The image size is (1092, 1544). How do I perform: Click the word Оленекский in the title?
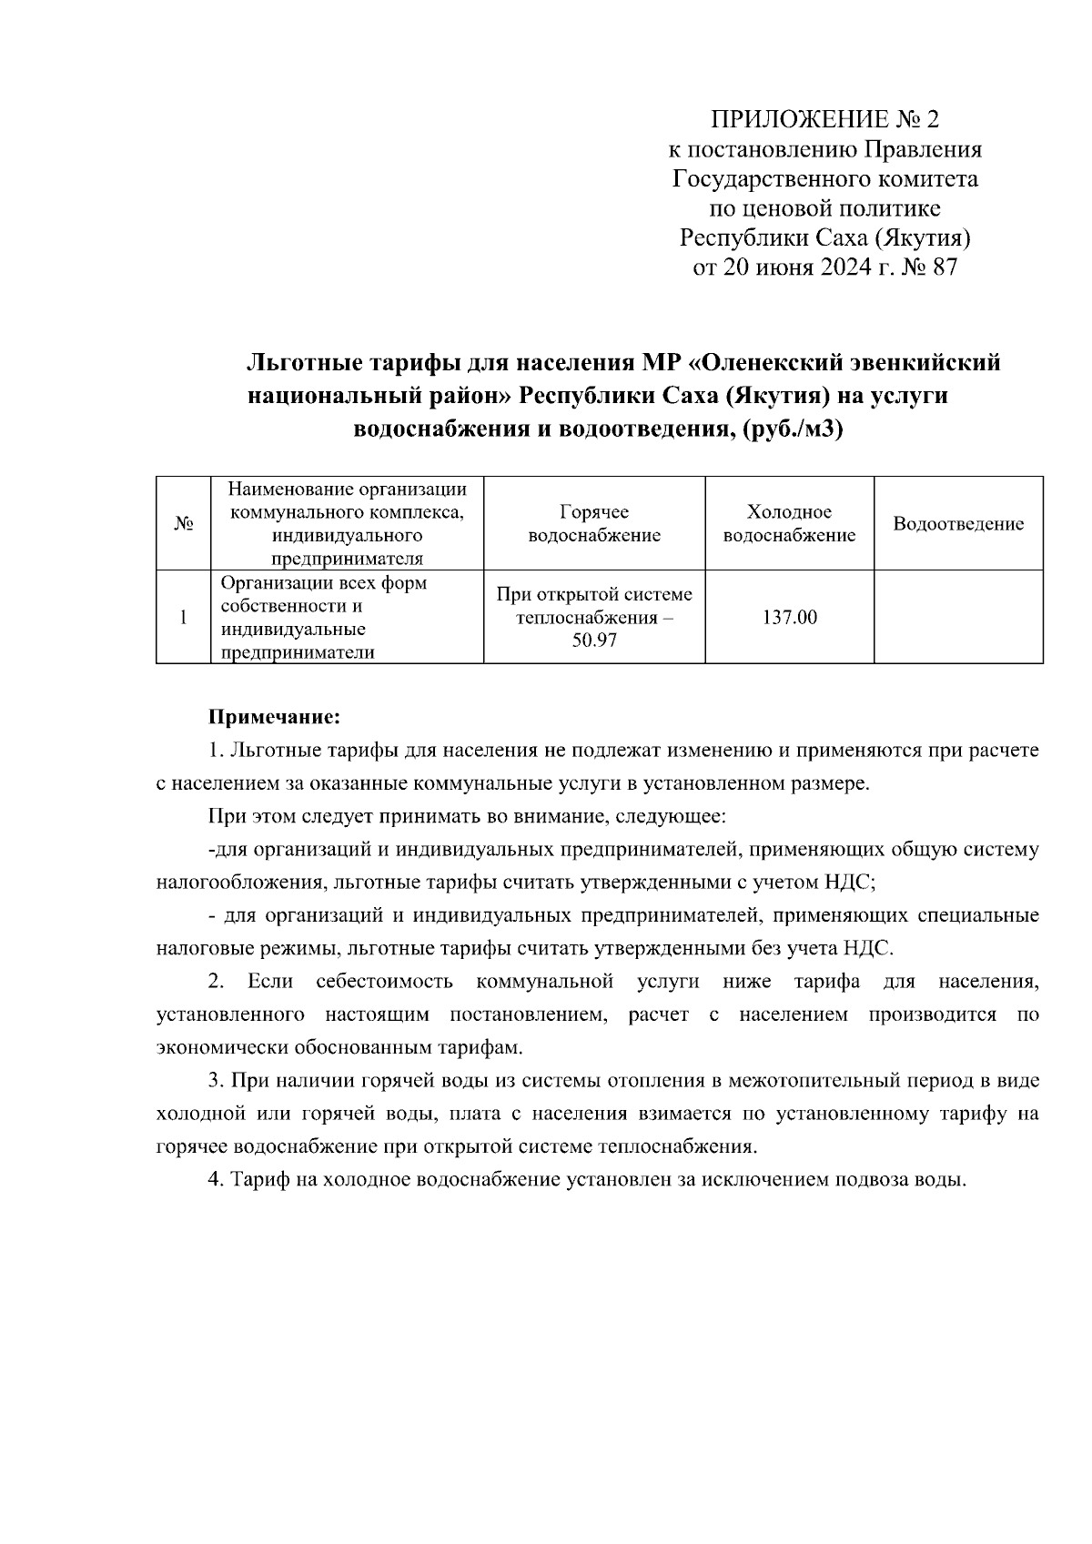click(773, 363)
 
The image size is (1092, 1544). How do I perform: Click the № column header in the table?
click(183, 524)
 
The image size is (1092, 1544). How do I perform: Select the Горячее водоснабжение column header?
click(594, 524)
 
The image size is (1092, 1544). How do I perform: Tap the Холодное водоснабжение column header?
click(789, 524)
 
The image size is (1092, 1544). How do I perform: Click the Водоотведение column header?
click(958, 524)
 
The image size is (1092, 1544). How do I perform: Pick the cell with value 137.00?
click(789, 618)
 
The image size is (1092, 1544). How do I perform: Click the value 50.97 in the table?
click(594, 641)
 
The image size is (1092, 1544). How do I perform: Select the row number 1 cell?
click(183, 618)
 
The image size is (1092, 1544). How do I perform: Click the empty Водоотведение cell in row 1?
click(958, 618)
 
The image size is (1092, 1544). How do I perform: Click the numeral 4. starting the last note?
click(216, 1180)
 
